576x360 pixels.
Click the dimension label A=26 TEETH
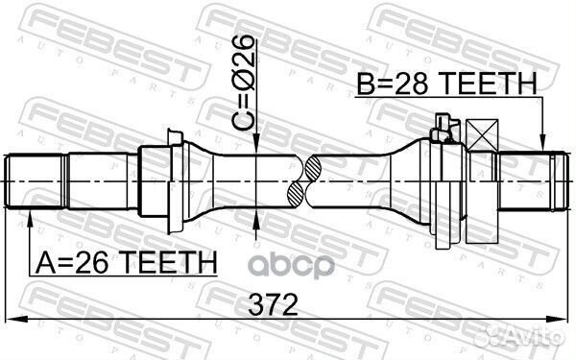126,262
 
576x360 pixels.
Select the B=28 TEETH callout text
447,84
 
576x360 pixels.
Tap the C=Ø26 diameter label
242,83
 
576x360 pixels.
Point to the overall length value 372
273,304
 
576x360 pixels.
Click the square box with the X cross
482,135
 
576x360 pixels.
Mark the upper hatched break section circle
313,168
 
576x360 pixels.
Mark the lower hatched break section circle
296,194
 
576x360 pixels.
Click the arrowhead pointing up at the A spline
30,219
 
